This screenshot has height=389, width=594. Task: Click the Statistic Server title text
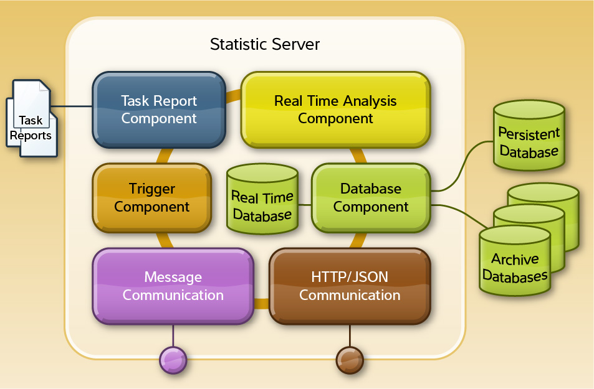(265, 44)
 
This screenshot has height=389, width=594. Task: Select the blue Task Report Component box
(159, 110)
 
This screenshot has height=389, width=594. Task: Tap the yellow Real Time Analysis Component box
(335, 110)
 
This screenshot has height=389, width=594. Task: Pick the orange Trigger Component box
(152, 198)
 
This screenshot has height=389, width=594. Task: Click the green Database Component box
(371, 198)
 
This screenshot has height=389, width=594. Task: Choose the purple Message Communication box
(173, 286)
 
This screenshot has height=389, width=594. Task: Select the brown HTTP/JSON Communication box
(350, 286)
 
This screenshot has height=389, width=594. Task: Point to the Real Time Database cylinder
(262, 199)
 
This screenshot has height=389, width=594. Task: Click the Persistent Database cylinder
(529, 136)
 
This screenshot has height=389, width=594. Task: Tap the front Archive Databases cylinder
(515, 261)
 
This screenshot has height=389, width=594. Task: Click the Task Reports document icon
(32, 118)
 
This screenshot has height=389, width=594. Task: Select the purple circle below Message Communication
(173, 360)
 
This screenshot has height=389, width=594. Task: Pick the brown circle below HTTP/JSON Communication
(350, 360)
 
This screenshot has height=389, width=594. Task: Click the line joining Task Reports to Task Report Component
(72, 106)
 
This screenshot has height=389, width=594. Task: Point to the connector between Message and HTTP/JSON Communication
(261, 304)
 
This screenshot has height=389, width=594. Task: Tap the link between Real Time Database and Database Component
(305, 205)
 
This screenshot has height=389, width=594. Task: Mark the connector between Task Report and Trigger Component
(165, 156)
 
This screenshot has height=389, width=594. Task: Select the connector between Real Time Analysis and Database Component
(358, 156)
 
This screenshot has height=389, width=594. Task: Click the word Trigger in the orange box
(152, 189)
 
